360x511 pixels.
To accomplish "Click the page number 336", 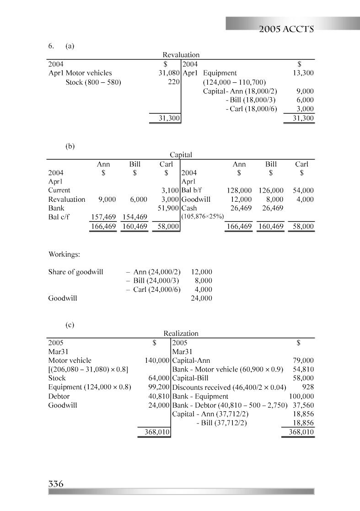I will tap(55, 484).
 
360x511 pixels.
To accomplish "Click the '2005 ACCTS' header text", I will tap(285, 30).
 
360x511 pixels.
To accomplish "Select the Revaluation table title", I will tap(181, 55).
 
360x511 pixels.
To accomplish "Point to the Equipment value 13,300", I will tap(303, 73).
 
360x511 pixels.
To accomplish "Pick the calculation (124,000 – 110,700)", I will tap(234, 82).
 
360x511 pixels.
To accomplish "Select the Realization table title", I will tap(181, 334).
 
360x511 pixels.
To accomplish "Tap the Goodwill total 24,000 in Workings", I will tap(201, 298).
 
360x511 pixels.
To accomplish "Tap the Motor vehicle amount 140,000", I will tap(157, 360).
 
